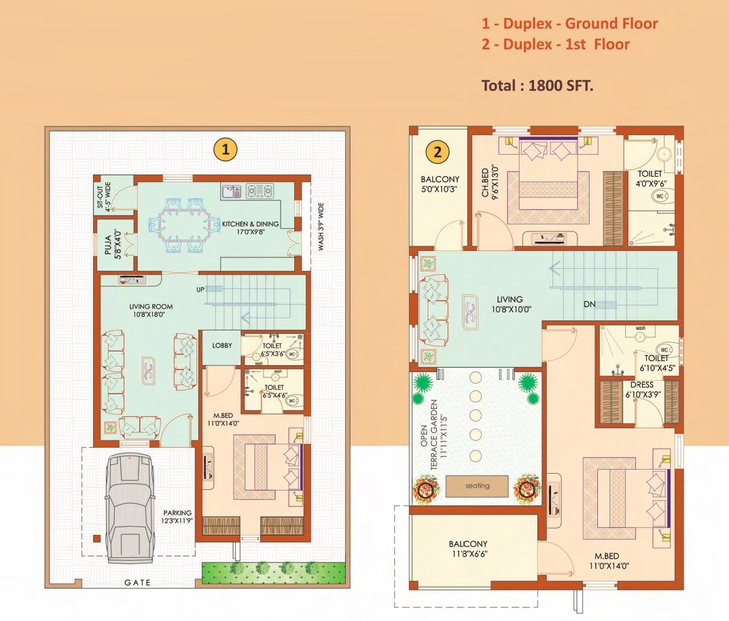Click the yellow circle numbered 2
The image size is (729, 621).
[x=438, y=152]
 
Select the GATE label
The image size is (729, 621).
[x=138, y=582]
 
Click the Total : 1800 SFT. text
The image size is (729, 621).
[x=537, y=86]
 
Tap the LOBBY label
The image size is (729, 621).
[x=221, y=345]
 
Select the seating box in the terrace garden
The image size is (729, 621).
[x=477, y=486]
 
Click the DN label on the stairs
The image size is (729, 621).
[x=589, y=304]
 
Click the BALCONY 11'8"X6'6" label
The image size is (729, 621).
[x=467, y=548]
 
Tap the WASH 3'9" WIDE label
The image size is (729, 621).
[x=321, y=226]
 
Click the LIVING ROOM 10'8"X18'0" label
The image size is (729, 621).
[x=147, y=310]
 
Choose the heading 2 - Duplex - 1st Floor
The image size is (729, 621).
[x=555, y=45]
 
